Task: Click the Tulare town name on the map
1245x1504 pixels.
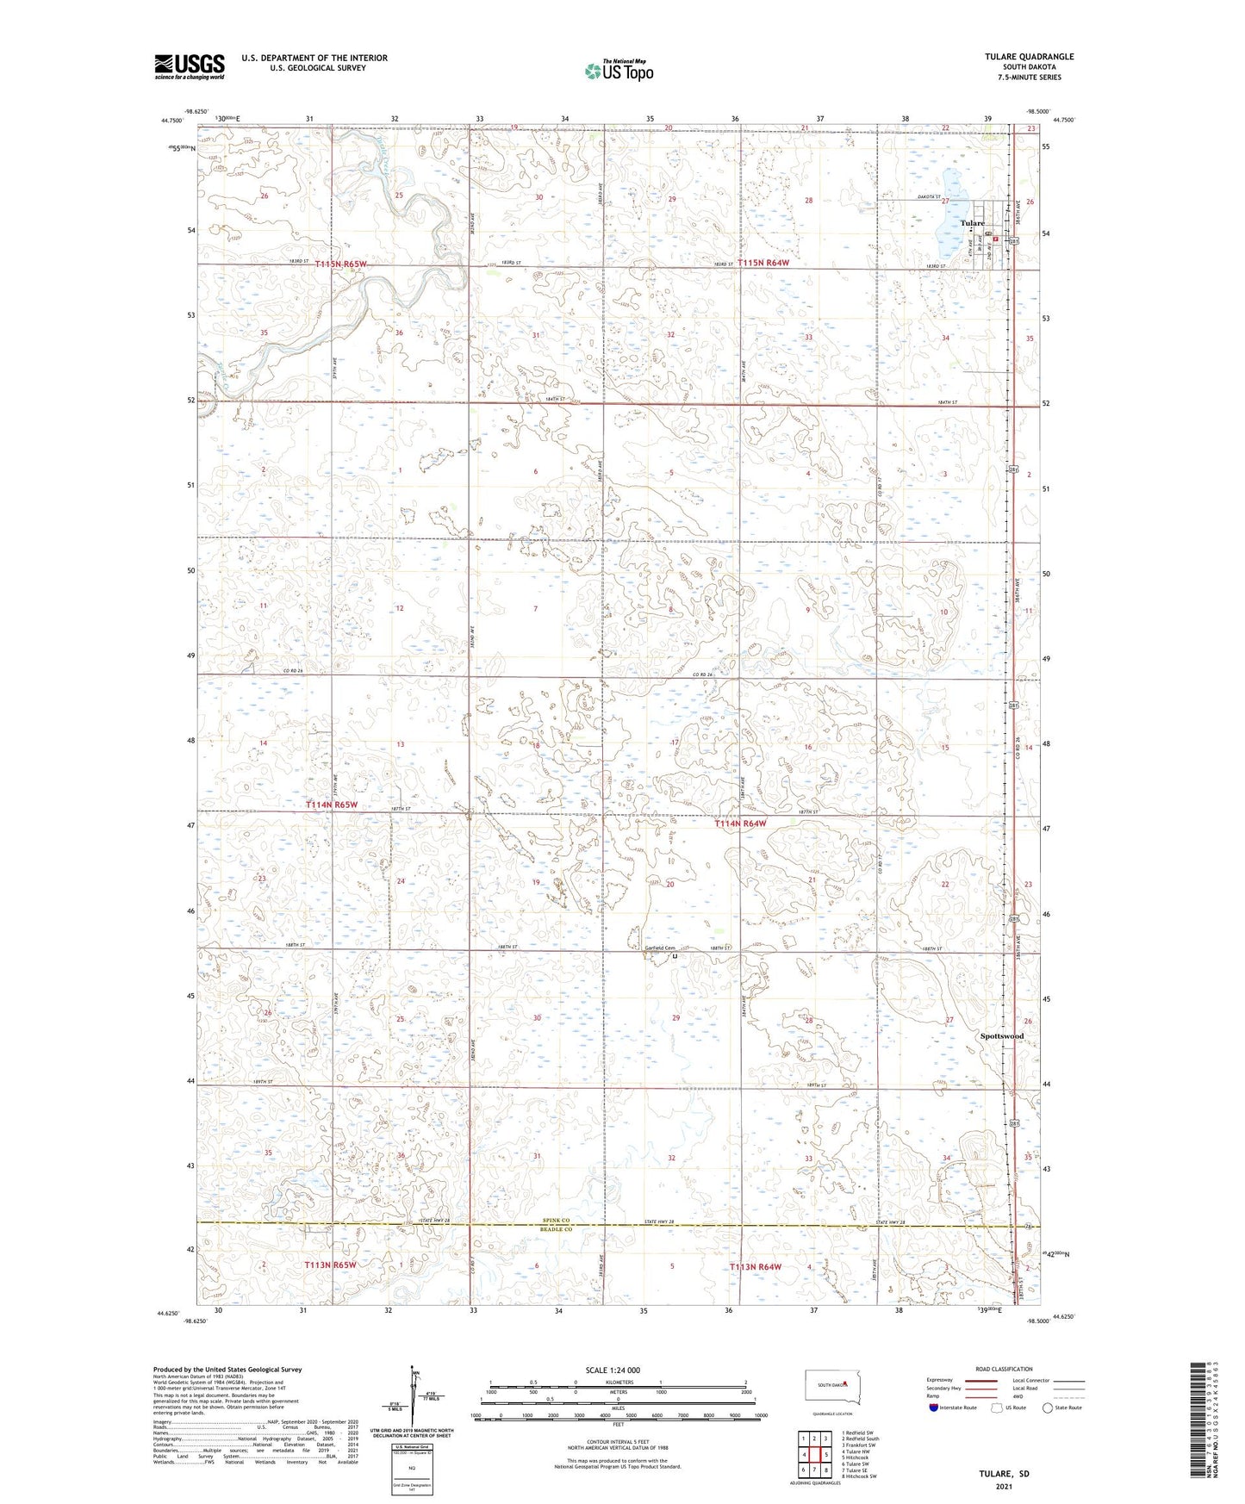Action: tap(973, 223)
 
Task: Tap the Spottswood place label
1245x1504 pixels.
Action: tap(1002, 1035)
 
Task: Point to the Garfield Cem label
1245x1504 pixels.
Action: tap(660, 949)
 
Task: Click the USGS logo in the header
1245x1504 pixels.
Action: tap(190, 66)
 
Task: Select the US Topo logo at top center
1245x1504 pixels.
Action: tap(618, 71)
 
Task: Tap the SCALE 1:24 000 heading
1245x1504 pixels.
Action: tap(612, 1370)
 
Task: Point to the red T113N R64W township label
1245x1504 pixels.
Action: tap(756, 1267)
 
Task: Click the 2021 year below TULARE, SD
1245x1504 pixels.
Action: tap(1004, 1487)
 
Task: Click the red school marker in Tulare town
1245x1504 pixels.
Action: tap(995, 229)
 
